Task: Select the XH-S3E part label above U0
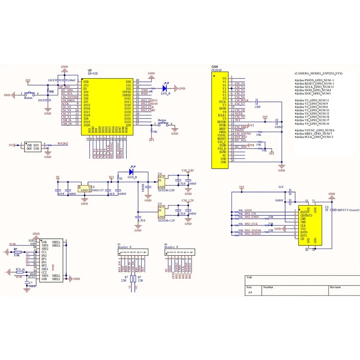(x=93, y=73)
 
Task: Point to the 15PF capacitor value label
(x=258, y=107)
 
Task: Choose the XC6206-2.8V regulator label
(x=167, y=190)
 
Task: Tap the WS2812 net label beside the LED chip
(x=63, y=144)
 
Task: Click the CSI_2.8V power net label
(x=188, y=170)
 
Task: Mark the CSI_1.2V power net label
(x=188, y=200)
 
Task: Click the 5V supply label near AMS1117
(x=58, y=177)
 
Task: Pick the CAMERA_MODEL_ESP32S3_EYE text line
(x=319, y=73)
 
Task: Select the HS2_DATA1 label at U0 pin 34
(x=149, y=100)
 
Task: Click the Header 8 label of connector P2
(x=171, y=247)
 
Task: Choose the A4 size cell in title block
(x=249, y=293)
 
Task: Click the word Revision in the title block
(x=335, y=287)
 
